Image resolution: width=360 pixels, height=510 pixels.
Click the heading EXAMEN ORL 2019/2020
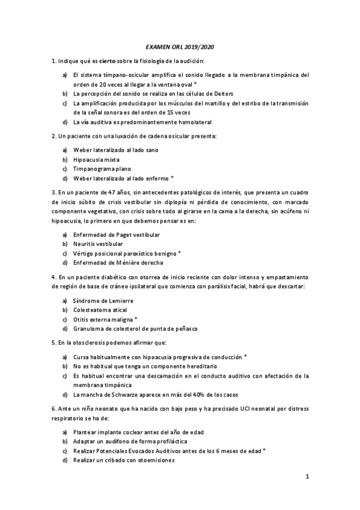[180, 48]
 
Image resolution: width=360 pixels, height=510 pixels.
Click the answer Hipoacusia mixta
[96, 159]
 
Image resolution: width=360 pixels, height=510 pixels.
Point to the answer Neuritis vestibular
[98, 244]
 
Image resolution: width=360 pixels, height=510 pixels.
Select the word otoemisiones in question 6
[157, 460]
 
